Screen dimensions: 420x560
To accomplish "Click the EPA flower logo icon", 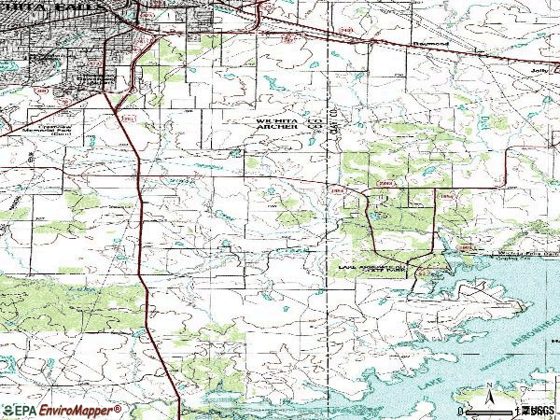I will [8, 411].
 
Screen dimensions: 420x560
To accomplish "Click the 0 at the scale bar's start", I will [459, 411].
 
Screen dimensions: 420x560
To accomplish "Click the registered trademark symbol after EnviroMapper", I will [119, 407].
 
